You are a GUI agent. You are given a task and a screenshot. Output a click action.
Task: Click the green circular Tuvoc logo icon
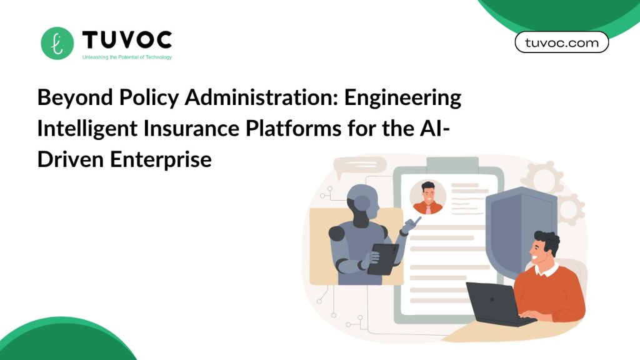pyautogui.click(x=57, y=43)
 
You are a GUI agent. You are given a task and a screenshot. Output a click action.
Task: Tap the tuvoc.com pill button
pyautogui.click(x=562, y=42)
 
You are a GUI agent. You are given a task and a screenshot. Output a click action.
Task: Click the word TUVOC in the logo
pyautogui.click(x=127, y=40)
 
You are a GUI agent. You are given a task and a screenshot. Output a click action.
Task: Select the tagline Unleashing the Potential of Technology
pyautogui.click(x=127, y=57)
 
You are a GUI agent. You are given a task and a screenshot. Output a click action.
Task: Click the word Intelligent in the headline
pyautogui.click(x=87, y=129)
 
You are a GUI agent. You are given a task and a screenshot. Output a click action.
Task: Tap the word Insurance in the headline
pyautogui.click(x=191, y=128)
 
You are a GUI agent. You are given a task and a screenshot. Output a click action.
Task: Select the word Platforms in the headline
pyautogui.click(x=293, y=128)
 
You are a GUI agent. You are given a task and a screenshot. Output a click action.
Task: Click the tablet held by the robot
pyautogui.click(x=383, y=259)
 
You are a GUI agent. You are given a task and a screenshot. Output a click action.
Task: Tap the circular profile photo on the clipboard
pyautogui.click(x=427, y=197)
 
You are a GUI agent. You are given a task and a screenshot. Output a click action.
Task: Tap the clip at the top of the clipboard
pyautogui.click(x=452, y=165)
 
